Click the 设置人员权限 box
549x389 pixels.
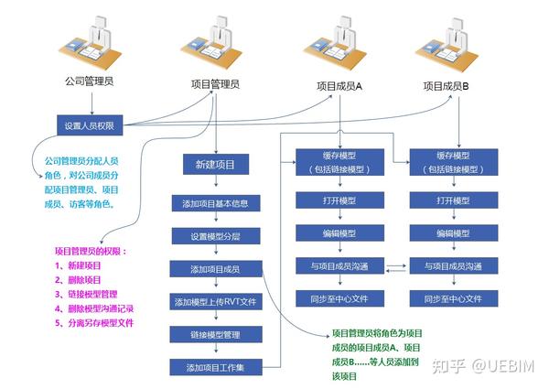pyautogui.click(x=89, y=125)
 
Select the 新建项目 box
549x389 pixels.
pyautogui.click(x=215, y=165)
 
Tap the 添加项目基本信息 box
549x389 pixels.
pyautogui.click(x=215, y=202)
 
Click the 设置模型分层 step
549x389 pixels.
pyautogui.click(x=215, y=235)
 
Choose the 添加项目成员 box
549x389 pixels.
pyautogui.click(x=215, y=268)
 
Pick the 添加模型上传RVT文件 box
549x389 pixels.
pyautogui.click(x=215, y=301)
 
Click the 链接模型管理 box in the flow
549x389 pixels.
pyautogui.click(x=215, y=334)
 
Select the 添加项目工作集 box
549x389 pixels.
pyautogui.click(x=215, y=367)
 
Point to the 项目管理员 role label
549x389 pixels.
pyautogui.click(x=215, y=83)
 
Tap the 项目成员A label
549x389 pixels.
pyautogui.click(x=340, y=83)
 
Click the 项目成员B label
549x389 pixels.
pyautogui.click(x=446, y=85)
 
